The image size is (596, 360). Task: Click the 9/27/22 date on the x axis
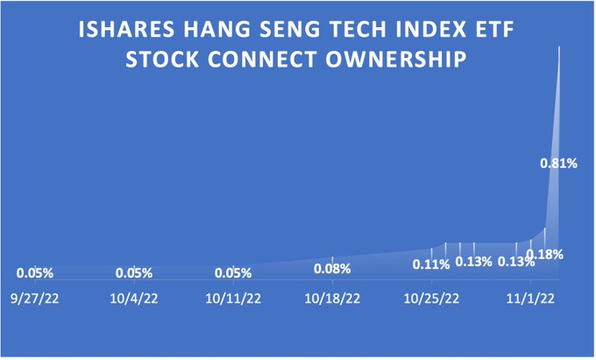coord(35,299)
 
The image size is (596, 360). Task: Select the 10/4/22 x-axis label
coord(134,299)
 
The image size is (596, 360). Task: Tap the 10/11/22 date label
coord(233,299)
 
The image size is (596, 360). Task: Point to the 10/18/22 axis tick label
coord(332,299)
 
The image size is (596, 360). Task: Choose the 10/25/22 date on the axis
coord(431,299)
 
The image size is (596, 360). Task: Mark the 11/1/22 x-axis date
coord(530,299)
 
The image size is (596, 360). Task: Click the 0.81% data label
coord(559,163)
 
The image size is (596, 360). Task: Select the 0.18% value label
coord(544,254)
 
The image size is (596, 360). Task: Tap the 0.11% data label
coord(431,265)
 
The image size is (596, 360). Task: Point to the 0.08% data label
coord(332,269)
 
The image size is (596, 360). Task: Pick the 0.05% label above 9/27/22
coord(35,273)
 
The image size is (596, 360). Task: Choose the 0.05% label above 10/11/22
coord(233,273)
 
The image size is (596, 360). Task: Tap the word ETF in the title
coord(495,30)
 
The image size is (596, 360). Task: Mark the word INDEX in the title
coord(431,30)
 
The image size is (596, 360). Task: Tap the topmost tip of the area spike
coord(559,46)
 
